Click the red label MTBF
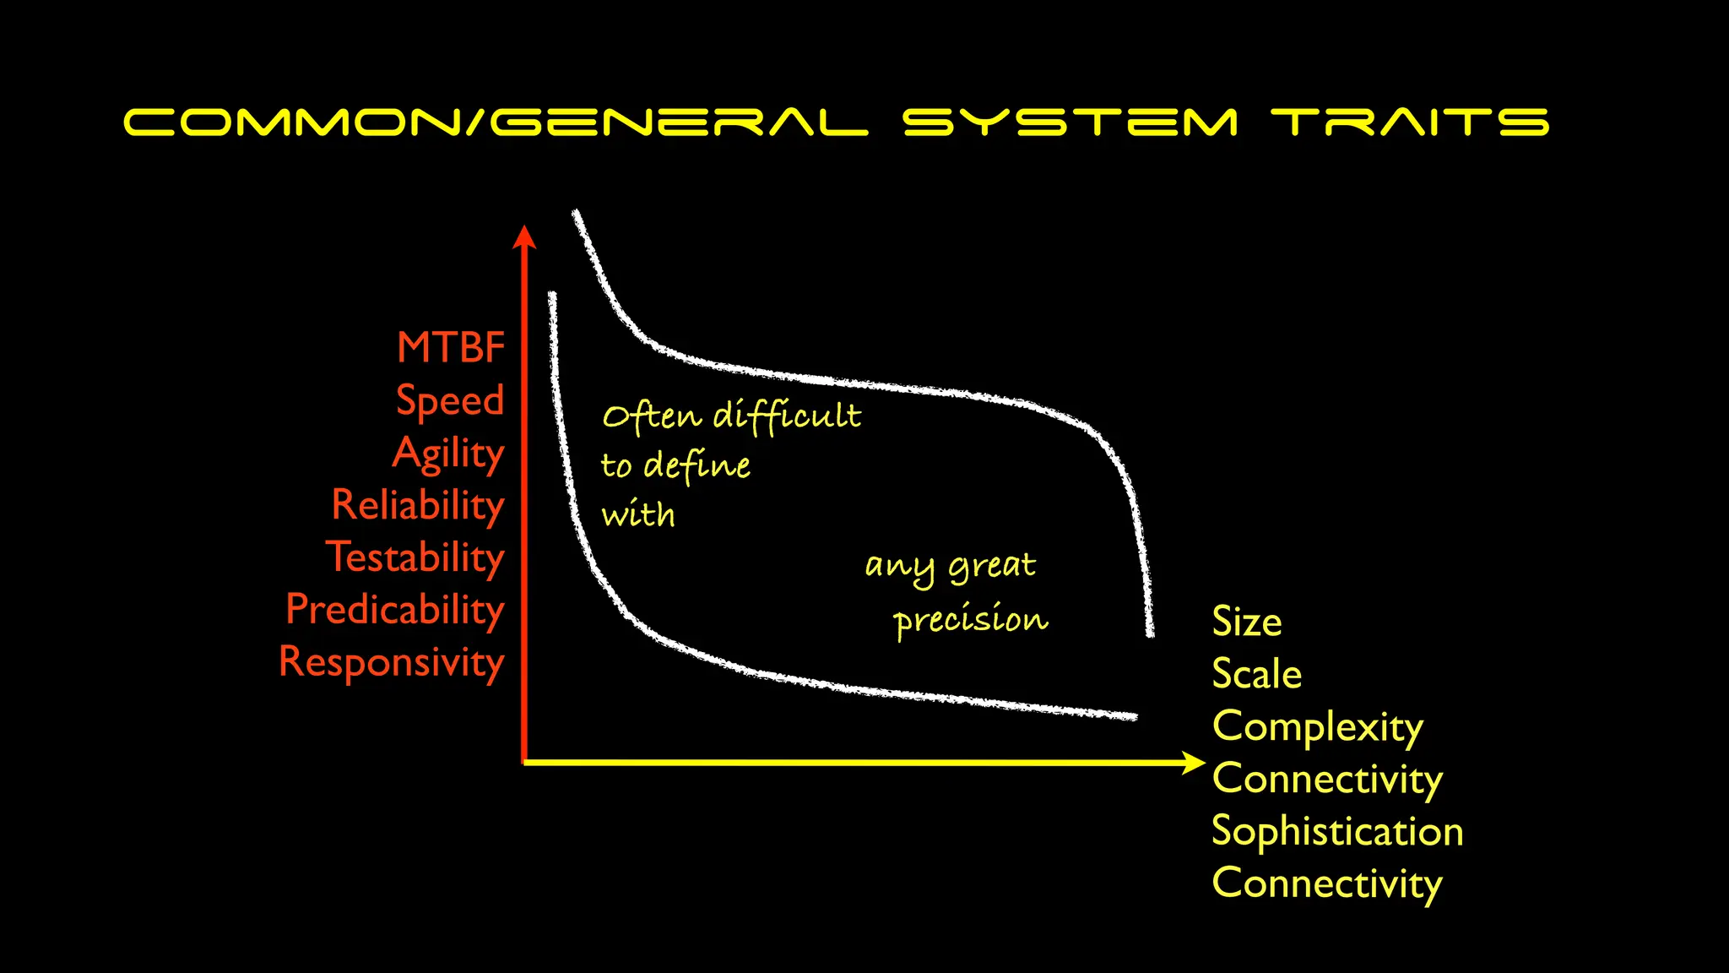[451, 348]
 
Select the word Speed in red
[450, 400]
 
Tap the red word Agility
[448, 454]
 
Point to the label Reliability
[418, 506]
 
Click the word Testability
[415, 558]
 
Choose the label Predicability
[395, 611]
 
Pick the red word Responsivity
[392, 663]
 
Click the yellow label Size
[1247, 622]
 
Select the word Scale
[1256, 675]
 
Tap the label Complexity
[1317, 727]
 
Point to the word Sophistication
[1337, 832]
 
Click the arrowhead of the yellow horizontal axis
[1194, 763]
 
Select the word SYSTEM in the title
[1070, 122]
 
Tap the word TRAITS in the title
[1410, 122]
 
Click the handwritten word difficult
[787, 416]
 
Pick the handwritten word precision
[971, 620]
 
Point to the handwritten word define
[697, 465]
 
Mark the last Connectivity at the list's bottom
[1327, 884]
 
